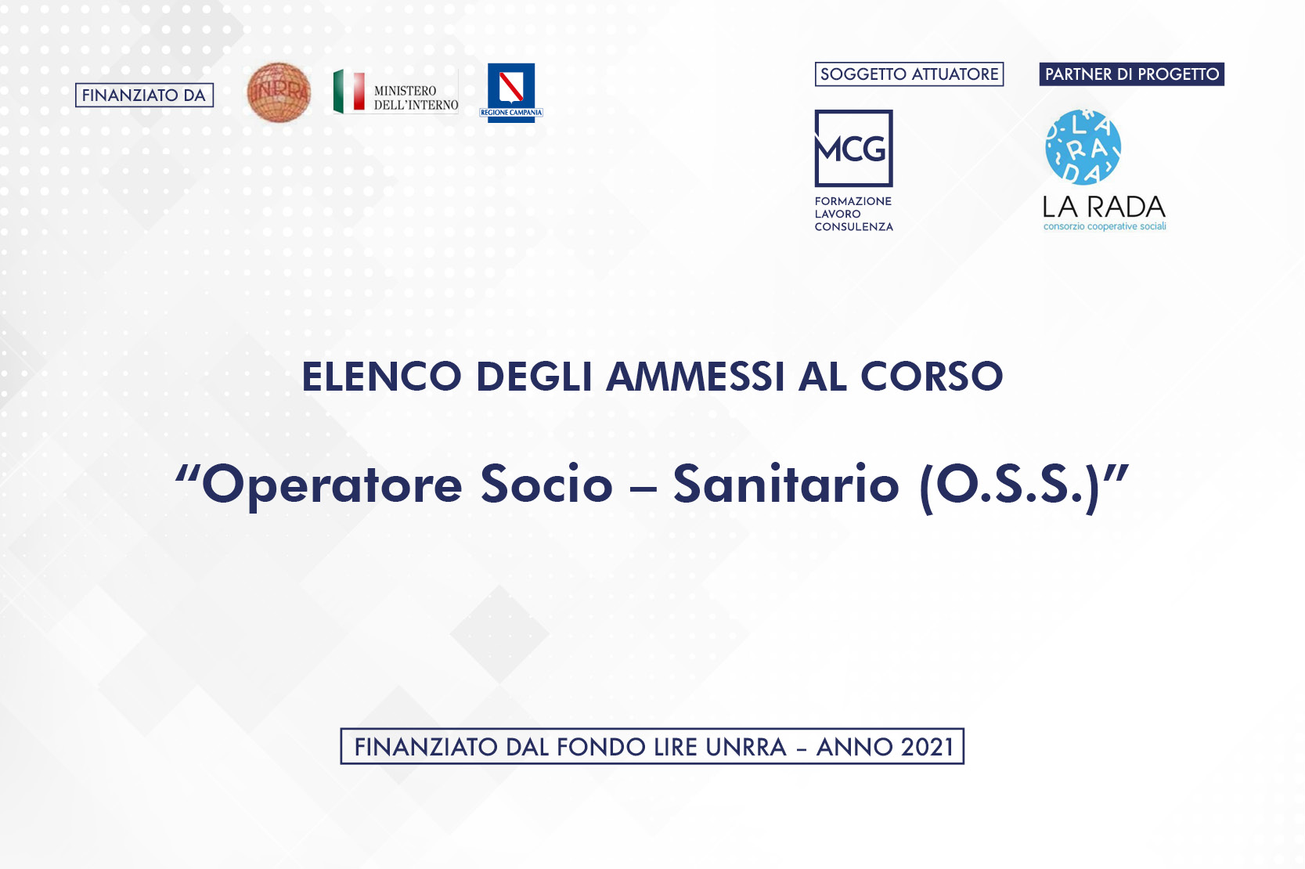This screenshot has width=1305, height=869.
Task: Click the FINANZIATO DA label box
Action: click(x=144, y=96)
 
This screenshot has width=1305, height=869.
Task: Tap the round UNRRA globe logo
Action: click(x=279, y=92)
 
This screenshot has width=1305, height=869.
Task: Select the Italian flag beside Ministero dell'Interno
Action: click(x=349, y=91)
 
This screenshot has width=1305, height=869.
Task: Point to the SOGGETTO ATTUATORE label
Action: click(x=909, y=74)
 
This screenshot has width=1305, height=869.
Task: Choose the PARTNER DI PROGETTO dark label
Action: click(x=1131, y=74)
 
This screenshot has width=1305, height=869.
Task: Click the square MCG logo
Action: click(x=853, y=148)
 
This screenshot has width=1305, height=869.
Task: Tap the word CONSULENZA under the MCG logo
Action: click(x=853, y=227)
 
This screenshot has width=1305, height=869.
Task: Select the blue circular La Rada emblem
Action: click(x=1083, y=147)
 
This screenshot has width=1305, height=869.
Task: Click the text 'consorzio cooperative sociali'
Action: click(x=1105, y=227)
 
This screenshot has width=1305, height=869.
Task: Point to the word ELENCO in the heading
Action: click(x=382, y=377)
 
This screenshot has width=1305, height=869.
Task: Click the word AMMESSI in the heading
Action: click(x=695, y=377)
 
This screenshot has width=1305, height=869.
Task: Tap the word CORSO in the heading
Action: click(x=932, y=377)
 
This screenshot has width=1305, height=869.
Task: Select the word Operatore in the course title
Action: click(x=332, y=485)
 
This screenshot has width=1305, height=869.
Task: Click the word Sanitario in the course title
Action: click(x=786, y=485)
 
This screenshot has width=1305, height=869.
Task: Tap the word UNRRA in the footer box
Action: click(x=745, y=747)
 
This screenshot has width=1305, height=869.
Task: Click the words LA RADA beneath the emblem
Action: click(x=1104, y=207)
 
